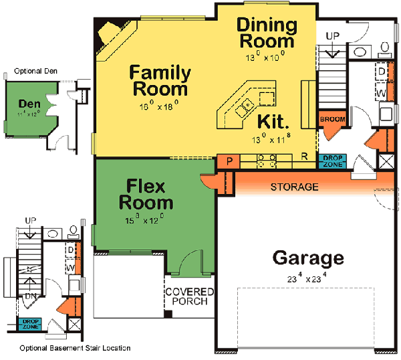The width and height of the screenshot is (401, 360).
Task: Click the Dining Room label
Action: point(267,33)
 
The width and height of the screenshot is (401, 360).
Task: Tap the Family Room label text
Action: point(160,80)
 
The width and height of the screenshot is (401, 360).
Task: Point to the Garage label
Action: point(308,258)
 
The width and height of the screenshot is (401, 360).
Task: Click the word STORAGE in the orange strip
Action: point(294,187)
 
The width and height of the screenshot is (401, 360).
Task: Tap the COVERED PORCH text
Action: point(189,296)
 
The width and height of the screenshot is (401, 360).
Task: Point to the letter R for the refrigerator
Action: point(304,158)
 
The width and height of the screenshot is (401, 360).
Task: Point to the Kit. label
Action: point(273,122)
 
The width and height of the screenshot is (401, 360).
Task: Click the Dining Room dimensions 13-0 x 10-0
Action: point(266,56)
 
